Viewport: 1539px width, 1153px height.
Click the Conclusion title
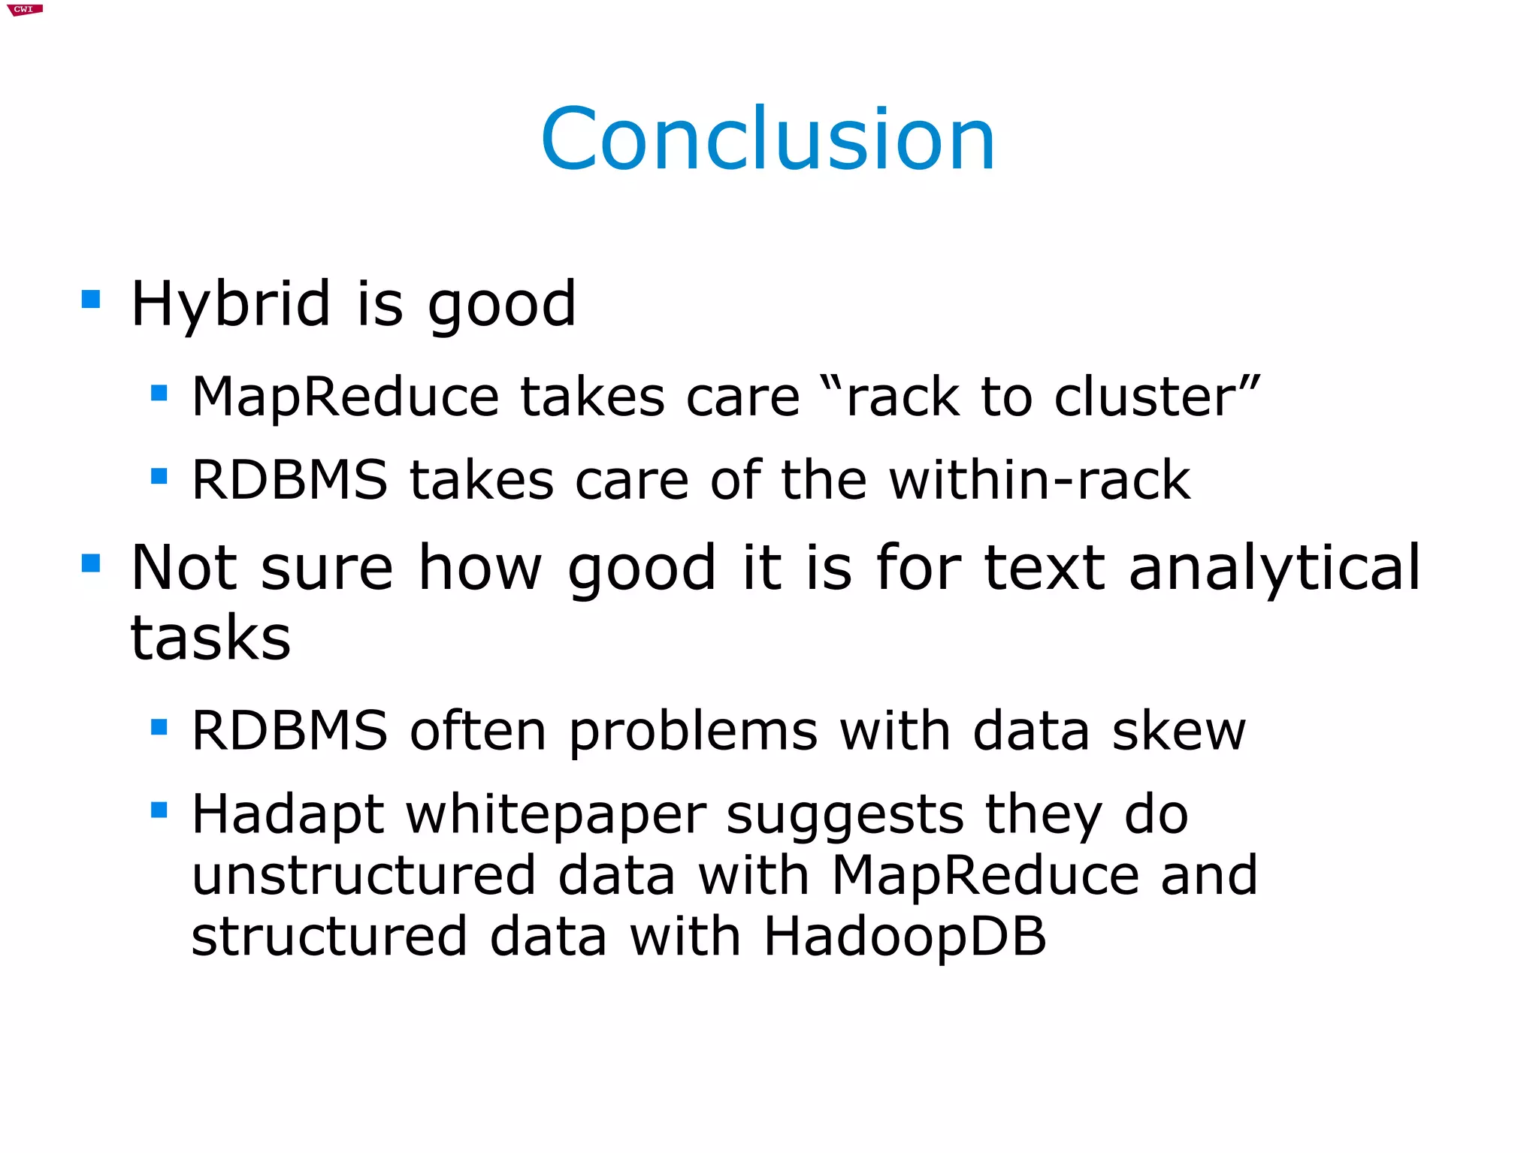[x=768, y=140]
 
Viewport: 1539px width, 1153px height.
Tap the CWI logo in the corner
[x=25, y=10]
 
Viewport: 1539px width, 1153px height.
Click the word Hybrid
[x=230, y=304]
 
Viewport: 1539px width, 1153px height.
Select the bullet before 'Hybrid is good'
[x=91, y=300]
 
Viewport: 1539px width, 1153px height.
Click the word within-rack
[x=1039, y=480]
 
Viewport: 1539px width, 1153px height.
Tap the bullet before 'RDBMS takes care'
[x=159, y=476]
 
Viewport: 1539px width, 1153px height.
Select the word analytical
[x=1274, y=569]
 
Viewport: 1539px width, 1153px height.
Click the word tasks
[x=210, y=638]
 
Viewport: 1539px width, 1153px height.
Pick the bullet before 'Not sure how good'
[x=91, y=563]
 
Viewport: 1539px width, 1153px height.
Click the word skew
[x=1178, y=731]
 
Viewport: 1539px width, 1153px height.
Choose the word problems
[x=693, y=732]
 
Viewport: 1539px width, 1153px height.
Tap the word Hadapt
[x=288, y=816]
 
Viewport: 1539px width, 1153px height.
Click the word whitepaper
[x=556, y=816]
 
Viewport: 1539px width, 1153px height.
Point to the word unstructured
[x=364, y=876]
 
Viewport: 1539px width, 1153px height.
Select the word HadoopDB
[x=905, y=937]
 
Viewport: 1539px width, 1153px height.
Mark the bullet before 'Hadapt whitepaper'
[x=159, y=810]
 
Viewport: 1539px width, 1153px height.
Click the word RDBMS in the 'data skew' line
[x=289, y=731]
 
